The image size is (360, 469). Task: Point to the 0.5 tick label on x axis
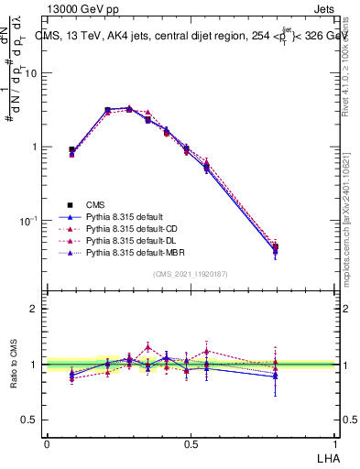[x=191, y=443]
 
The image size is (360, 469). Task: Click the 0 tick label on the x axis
[x=47, y=443]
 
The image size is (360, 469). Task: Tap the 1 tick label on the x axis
[x=335, y=443]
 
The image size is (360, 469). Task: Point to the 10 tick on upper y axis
[x=33, y=73]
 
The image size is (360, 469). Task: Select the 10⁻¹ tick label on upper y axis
[x=31, y=221]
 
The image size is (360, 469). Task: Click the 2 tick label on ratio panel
[x=34, y=309]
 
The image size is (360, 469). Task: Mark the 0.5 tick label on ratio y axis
[x=31, y=420]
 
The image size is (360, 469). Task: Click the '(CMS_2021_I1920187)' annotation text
[x=191, y=274]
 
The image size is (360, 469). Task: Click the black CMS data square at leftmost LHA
[x=72, y=149]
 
